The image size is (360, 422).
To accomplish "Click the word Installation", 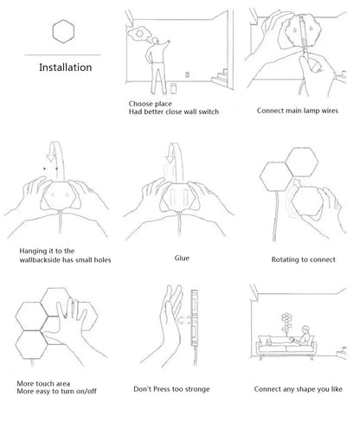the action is [x=66, y=67].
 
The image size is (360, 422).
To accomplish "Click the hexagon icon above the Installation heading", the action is [x=63, y=31].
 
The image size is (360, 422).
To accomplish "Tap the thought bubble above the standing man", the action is [x=139, y=34].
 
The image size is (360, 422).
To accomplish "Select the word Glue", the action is [x=182, y=258].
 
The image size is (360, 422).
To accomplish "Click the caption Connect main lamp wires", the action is [x=298, y=111].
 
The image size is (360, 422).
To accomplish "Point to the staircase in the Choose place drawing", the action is [x=220, y=77].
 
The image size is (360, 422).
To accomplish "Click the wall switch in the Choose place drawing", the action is [x=188, y=74].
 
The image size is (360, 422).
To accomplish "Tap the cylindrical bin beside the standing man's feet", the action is [x=173, y=88].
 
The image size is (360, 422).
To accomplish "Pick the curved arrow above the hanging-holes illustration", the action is [x=56, y=160].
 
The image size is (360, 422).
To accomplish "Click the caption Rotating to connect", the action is [x=303, y=259].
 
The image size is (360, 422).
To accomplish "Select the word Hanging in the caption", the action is [x=33, y=252].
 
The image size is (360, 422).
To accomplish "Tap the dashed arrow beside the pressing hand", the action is [x=183, y=320].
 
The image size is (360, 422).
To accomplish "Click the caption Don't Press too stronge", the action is [x=171, y=389].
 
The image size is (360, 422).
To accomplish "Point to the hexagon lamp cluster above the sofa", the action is [x=286, y=323].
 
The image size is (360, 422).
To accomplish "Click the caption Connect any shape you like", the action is [x=298, y=389].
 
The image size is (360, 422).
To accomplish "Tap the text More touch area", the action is [x=43, y=384].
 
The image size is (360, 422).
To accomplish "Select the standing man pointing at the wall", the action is [x=157, y=66].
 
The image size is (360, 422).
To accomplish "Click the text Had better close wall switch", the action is [x=174, y=112].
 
